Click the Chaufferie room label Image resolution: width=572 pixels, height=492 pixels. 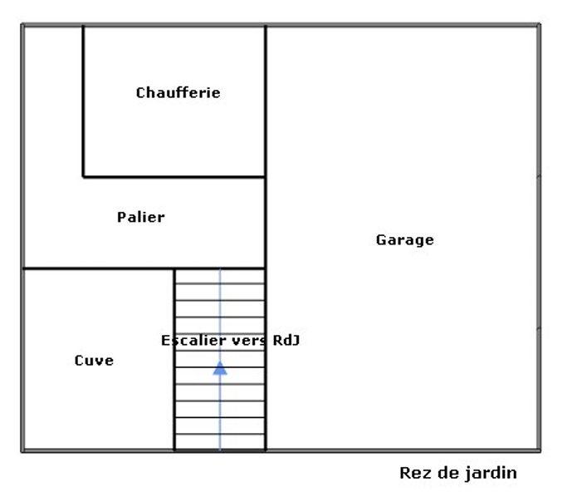(178, 92)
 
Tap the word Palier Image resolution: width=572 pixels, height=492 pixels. (140, 217)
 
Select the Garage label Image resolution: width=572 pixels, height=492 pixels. (404, 240)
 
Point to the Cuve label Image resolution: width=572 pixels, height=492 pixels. (94, 361)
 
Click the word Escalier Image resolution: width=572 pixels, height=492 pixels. (188, 340)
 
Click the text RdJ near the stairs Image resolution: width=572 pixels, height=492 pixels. (284, 340)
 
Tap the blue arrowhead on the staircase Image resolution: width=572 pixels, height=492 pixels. (219, 367)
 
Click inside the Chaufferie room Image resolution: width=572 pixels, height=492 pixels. (174, 133)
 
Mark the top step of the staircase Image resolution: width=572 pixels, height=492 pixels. (219, 276)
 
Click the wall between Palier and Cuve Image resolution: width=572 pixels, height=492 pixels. (98, 268)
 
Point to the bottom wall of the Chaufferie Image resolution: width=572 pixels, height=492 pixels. (174, 176)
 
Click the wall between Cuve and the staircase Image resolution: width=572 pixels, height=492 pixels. (174, 399)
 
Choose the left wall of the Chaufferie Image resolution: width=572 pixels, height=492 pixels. (83, 100)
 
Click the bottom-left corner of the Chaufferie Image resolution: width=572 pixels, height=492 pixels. (83, 176)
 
